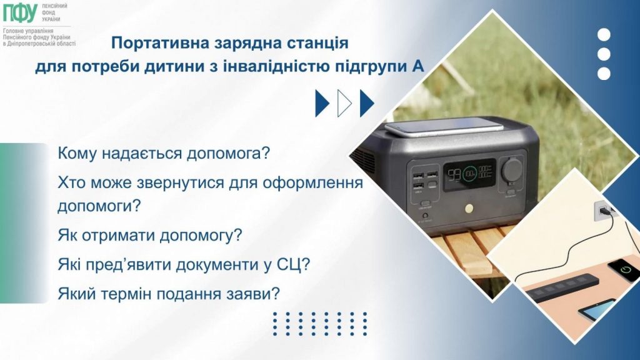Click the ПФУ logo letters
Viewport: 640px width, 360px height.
(x=21, y=12)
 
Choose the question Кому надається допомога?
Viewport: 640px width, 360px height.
(x=162, y=153)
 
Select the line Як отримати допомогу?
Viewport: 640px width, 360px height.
(x=149, y=237)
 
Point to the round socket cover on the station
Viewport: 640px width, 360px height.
(x=514, y=168)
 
